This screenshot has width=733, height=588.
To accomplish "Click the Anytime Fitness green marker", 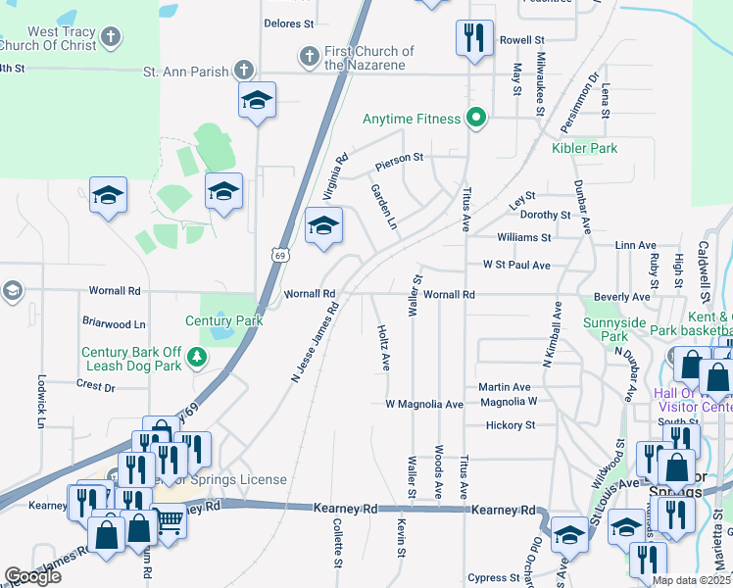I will tap(476, 119).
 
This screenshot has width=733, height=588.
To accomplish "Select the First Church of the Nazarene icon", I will tap(310, 55).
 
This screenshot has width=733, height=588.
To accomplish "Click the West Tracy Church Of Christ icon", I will tap(111, 39).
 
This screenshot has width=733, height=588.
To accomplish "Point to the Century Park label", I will tap(224, 320).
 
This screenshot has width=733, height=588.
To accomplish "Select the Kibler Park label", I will tap(584, 148).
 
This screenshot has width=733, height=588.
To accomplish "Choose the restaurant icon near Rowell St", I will tap(473, 39).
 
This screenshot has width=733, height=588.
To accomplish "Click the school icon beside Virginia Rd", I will tap(323, 227).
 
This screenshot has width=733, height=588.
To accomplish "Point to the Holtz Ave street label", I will tap(384, 348).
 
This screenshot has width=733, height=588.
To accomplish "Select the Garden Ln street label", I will tap(383, 207).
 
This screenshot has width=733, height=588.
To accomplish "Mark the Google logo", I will tap(33, 576).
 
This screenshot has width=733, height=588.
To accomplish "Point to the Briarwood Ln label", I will tap(114, 323).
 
